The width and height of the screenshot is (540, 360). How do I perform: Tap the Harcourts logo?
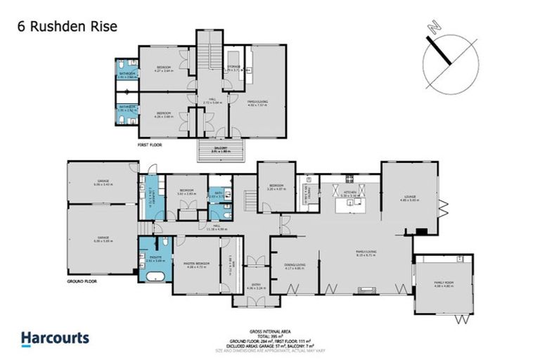pyautogui.click(x=56, y=338)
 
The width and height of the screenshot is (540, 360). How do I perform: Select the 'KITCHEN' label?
pyautogui.click(x=349, y=191)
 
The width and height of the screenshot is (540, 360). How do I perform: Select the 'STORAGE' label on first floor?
pyautogui.click(x=233, y=69)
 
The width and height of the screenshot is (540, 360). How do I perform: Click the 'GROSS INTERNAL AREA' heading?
pyautogui.click(x=271, y=330)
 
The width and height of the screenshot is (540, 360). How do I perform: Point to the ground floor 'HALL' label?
pyautogui.click(x=213, y=226)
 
